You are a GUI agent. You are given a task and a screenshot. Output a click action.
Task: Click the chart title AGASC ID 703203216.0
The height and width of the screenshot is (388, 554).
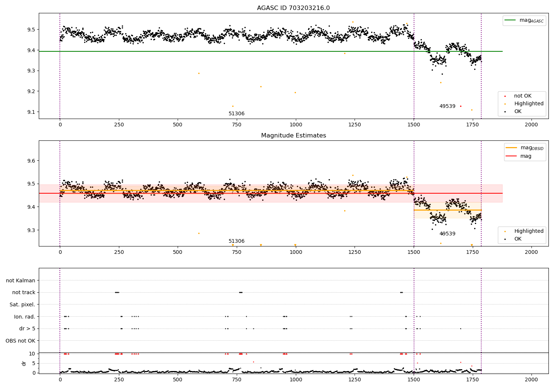(293, 8)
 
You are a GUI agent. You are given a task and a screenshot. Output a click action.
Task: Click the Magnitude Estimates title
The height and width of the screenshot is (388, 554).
(293, 136)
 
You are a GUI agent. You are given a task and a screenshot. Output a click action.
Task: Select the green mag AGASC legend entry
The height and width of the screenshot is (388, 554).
(524, 20)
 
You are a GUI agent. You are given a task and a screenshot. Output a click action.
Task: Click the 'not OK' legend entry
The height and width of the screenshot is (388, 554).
(522, 96)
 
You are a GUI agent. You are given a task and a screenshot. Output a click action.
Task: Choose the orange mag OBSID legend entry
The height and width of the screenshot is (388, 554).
(524, 148)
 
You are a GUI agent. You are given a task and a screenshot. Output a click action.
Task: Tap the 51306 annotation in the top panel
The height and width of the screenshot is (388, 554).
(236, 114)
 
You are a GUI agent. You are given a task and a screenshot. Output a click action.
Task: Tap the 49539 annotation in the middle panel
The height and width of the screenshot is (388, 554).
(447, 234)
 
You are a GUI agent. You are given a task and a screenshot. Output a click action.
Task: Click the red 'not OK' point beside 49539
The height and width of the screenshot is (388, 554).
(461, 106)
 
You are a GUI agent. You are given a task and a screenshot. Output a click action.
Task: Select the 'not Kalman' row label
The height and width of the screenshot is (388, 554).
(21, 280)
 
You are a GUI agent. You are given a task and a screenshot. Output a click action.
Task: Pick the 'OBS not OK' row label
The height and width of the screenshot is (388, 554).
(20, 341)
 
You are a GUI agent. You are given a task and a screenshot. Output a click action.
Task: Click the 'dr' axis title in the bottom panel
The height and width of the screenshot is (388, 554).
(24, 363)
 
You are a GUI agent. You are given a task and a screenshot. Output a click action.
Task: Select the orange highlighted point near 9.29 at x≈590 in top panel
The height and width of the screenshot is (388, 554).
(199, 73)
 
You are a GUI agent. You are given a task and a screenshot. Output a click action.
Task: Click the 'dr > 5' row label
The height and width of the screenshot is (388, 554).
(27, 329)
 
